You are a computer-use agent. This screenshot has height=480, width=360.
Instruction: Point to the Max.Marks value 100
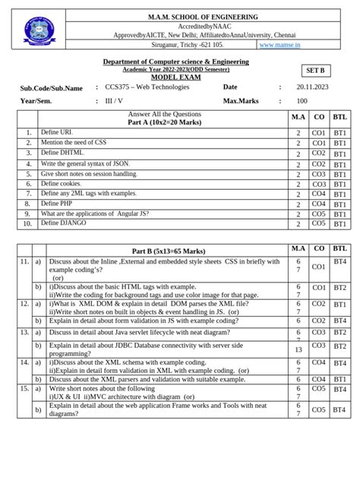point(302,100)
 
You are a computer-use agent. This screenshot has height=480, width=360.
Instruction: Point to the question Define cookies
point(61,184)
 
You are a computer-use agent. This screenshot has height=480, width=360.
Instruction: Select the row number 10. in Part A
point(26,224)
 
